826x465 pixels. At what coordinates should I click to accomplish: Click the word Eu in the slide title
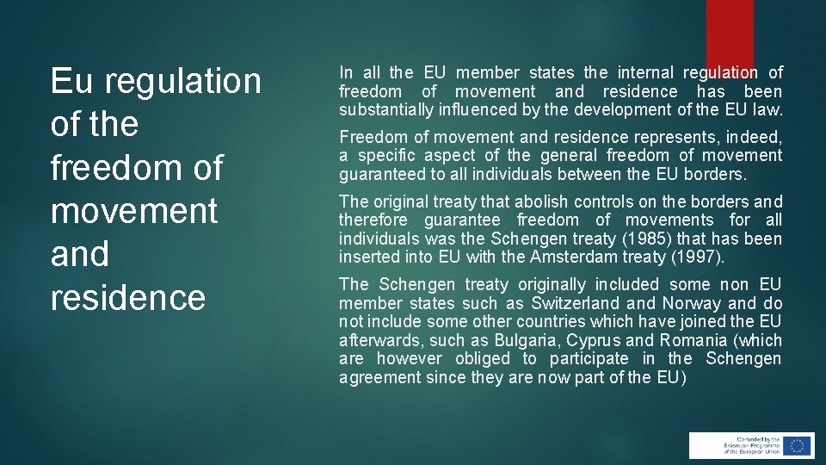coord(69,81)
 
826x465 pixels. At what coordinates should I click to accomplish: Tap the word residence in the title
coord(128,297)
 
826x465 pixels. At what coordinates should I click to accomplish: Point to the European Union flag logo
coord(797,445)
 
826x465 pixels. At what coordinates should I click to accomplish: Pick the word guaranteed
coord(379,174)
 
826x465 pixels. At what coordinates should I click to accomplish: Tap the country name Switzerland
coord(575,303)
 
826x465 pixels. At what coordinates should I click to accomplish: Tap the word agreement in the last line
coord(378,378)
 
